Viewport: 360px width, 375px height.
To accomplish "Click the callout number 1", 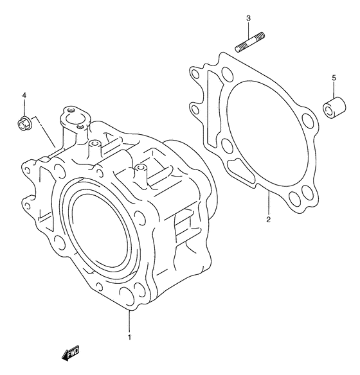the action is (129, 337).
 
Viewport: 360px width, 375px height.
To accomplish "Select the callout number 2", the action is (268, 220).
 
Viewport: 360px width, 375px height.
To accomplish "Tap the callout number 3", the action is (248, 18).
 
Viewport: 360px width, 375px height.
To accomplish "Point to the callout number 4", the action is (24, 96).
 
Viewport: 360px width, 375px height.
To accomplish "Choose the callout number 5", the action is (334, 78).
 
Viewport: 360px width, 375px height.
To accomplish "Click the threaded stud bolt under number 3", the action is (249, 42).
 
